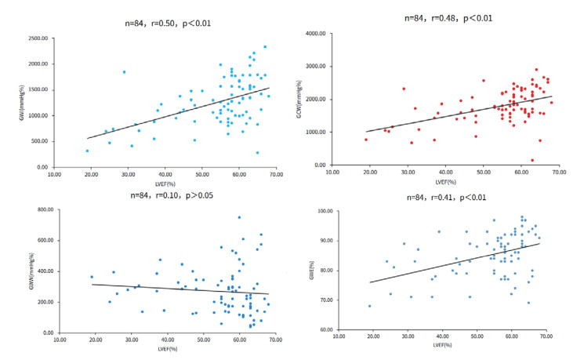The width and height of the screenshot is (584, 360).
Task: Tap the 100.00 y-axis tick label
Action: click(x=328, y=211)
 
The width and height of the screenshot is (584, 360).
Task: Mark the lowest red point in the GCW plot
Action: click(x=510, y=160)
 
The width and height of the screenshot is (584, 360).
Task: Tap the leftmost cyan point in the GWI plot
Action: click(x=87, y=151)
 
